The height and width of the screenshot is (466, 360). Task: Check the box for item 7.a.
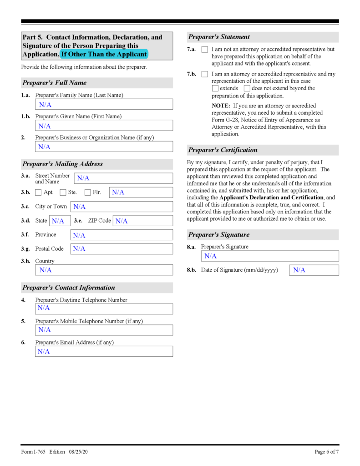205,49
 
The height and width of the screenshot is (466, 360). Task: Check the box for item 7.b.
205,74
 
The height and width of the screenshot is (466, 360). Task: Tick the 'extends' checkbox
215,88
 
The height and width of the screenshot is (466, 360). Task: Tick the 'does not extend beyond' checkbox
247,88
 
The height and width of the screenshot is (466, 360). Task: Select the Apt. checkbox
39,192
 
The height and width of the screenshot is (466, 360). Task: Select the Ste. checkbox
63,192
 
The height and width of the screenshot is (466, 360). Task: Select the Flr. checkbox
88,192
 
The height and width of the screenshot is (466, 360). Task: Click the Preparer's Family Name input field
104,105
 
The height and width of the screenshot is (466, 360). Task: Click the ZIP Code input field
142,221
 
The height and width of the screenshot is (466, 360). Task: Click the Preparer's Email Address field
104,351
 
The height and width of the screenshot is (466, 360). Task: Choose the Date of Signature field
314,270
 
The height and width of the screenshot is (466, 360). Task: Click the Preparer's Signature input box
270,256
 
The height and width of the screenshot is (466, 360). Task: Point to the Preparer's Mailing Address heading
62,164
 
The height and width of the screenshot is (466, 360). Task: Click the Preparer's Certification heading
223,150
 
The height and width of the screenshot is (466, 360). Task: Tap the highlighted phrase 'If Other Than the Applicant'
104,54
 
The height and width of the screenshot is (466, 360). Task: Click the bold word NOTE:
221,106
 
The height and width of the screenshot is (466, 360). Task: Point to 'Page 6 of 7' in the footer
326,452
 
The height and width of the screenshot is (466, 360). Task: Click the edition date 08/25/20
78,452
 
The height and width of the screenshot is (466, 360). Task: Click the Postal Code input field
122,249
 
